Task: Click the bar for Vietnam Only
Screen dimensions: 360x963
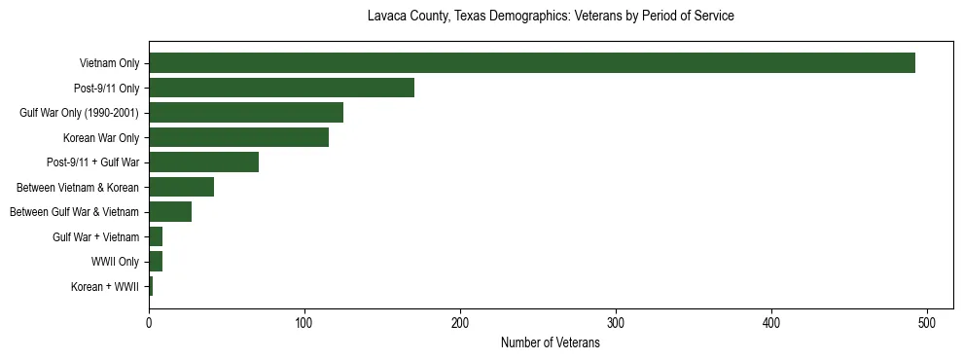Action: point(532,63)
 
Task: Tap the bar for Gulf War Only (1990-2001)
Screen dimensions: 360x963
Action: point(246,113)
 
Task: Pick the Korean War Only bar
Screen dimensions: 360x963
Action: point(238,137)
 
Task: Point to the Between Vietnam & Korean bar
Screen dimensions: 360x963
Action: point(181,187)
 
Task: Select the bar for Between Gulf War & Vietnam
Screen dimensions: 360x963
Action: point(170,212)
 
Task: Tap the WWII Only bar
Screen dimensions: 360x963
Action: point(156,262)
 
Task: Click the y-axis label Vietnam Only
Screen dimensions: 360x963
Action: point(109,63)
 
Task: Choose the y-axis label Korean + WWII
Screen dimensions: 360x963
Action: point(105,287)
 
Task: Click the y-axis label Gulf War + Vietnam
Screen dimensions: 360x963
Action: point(95,237)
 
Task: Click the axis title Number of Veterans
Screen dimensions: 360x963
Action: point(550,343)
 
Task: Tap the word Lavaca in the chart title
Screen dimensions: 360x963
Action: point(387,17)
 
